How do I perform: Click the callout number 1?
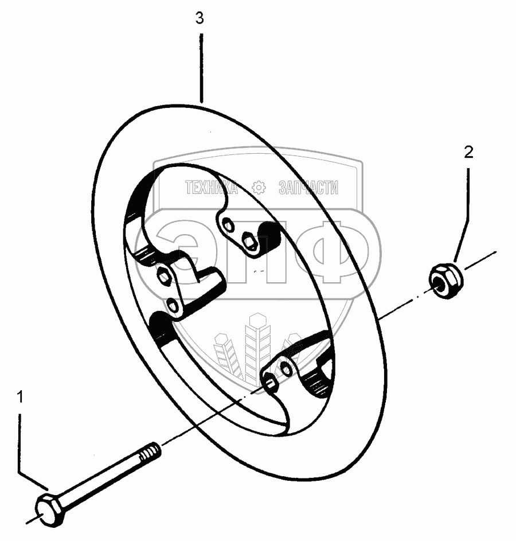[x=21, y=396]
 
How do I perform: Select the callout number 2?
[x=468, y=153]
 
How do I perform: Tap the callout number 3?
[x=200, y=18]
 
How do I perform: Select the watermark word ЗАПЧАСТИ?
[x=308, y=187]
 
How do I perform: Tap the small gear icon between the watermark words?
[x=259, y=187]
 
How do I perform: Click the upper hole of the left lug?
[x=164, y=277]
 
